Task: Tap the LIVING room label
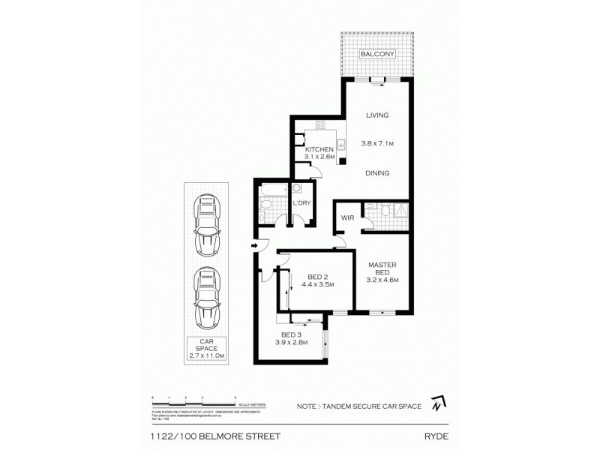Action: (x=376, y=115)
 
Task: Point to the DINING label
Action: (x=377, y=172)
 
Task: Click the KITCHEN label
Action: (x=319, y=150)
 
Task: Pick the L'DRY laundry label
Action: (x=301, y=203)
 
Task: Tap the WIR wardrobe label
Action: (x=347, y=217)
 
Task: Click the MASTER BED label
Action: (x=382, y=268)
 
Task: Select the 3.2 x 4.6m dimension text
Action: (x=382, y=280)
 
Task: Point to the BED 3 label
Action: (x=292, y=334)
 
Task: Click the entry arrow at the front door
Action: (x=255, y=244)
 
